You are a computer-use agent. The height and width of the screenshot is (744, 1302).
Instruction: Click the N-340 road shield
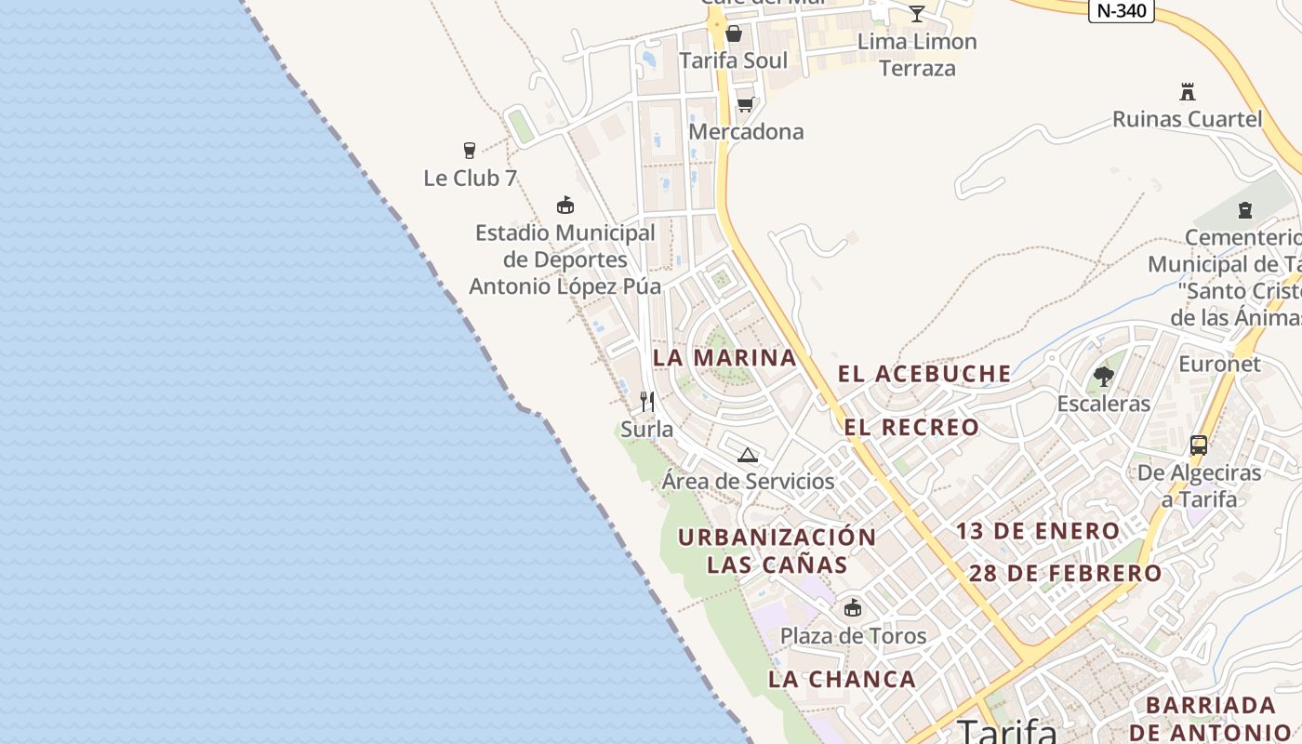1121,10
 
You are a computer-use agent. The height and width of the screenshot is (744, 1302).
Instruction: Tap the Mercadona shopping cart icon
745,104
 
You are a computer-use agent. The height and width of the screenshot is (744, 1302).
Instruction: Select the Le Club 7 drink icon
470,151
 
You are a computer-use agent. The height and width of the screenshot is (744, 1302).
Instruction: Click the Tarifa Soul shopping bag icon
734,34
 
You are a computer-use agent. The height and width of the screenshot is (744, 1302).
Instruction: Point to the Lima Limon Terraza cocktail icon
917,13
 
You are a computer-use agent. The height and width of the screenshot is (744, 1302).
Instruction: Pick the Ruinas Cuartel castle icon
1187,92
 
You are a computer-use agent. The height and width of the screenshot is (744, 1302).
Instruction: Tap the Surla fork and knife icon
647,402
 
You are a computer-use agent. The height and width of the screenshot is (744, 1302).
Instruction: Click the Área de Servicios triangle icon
748,455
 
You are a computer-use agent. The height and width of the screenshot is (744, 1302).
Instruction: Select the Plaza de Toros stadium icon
853,609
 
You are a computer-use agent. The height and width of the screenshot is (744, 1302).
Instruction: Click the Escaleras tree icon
1104,377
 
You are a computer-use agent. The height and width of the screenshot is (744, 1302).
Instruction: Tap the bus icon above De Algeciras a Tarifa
1199,445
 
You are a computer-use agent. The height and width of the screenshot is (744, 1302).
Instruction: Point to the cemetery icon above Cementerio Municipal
1245,210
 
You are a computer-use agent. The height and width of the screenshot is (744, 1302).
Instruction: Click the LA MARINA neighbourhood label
724,357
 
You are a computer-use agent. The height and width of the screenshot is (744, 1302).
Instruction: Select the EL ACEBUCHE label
924,374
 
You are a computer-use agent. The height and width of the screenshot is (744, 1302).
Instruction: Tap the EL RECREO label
911,428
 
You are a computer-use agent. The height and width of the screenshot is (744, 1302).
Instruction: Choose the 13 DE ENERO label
1038,531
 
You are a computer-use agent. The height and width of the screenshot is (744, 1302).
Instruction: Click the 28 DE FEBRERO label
1066,573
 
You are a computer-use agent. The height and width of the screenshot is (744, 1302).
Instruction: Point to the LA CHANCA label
842,679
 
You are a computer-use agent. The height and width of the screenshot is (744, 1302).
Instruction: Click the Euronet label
1219,364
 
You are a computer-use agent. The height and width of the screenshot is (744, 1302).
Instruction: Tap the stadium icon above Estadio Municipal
565,206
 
